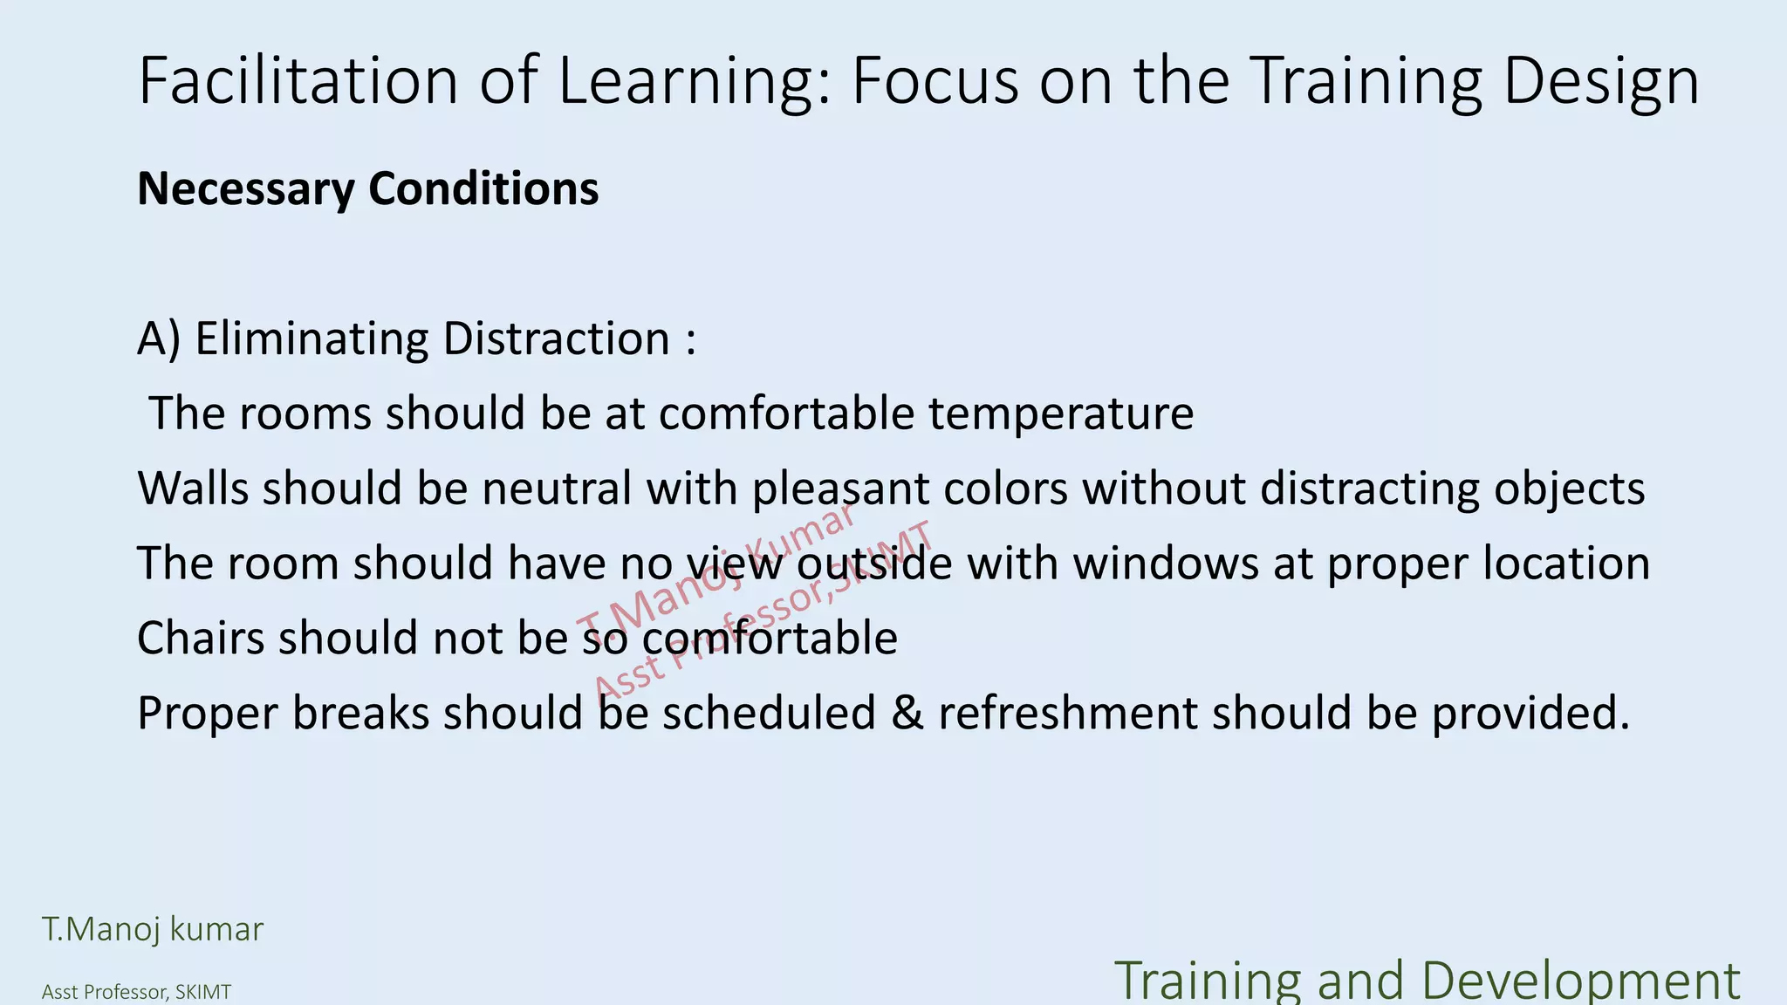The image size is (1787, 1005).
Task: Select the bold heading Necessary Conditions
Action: click(367, 188)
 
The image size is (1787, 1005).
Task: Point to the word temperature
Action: click(1060, 414)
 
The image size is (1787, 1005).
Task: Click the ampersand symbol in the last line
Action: click(907, 713)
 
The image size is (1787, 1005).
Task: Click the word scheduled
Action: click(768, 713)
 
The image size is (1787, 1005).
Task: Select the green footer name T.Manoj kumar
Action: click(153, 929)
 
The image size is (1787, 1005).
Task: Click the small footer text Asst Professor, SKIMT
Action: click(136, 992)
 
